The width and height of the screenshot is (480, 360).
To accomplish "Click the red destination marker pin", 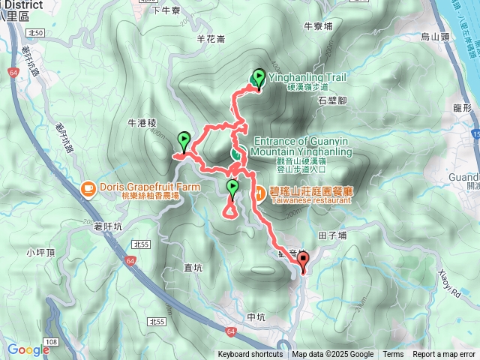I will [303, 262].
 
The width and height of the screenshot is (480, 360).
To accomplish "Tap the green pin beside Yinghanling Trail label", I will [259, 77].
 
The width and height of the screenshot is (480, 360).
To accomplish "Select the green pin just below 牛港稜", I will [184, 140].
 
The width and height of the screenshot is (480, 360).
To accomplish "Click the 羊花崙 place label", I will [210, 37].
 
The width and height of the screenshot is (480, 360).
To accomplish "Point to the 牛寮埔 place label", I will [318, 25].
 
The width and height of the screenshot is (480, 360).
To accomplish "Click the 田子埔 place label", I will [331, 235].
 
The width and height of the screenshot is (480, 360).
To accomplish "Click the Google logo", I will [28, 349].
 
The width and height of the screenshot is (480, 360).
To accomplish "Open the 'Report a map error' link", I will [444, 355].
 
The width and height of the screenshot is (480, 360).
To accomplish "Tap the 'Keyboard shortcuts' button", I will [250, 355].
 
